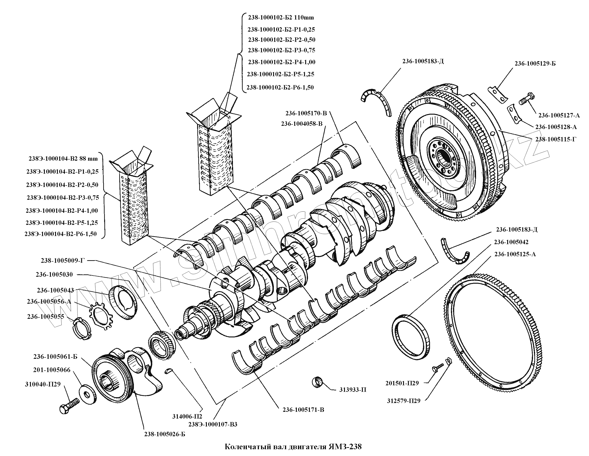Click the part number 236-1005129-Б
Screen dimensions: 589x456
coord(535,64)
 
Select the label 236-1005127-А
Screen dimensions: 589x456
coord(559,116)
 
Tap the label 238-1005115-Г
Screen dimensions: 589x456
coord(556,139)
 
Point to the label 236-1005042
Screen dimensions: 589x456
coord(511,242)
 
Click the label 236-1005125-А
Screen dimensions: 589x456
coord(515,254)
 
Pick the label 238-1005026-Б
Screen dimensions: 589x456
coord(165,434)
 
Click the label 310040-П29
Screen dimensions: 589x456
coord(43,384)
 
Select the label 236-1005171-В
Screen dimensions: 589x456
coord(303,409)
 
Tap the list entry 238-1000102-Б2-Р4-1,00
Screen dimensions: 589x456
coord(281,62)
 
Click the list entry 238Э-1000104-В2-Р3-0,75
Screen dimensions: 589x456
coord(63,197)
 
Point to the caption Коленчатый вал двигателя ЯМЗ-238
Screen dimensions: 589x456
coord(293,446)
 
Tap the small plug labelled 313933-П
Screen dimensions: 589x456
coord(318,382)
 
